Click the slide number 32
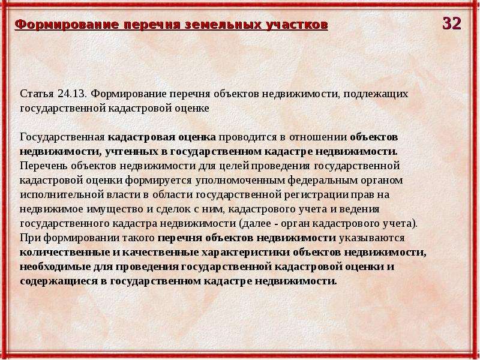[452, 23]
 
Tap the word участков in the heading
[296, 25]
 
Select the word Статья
[37, 94]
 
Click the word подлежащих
[376, 94]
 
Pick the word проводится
[247, 137]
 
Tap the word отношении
[318, 137]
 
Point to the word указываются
[371, 238]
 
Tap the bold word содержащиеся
[58, 281]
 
